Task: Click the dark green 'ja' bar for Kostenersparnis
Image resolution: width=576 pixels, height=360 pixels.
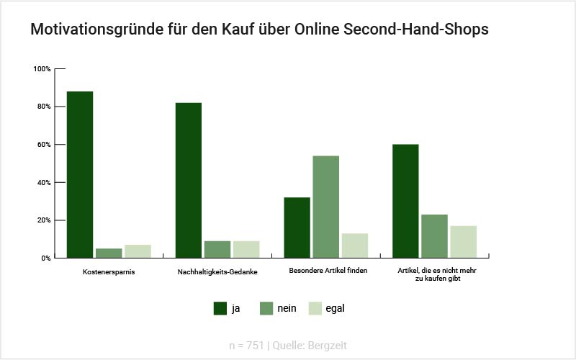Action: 80,174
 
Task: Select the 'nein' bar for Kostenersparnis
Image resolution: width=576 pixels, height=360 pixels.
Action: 109,253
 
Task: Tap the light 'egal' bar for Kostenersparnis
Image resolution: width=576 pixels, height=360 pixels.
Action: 138,251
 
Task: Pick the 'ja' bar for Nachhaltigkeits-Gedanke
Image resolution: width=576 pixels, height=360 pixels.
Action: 189,180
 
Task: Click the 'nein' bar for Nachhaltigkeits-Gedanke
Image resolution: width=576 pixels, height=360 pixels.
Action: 217,249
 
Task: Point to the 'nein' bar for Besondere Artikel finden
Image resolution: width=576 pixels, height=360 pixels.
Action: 325,207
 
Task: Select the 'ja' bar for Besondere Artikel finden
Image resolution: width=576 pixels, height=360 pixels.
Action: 297,228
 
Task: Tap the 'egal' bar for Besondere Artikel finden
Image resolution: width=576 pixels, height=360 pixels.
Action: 355,246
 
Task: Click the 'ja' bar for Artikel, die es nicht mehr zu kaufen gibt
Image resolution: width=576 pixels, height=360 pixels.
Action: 405,201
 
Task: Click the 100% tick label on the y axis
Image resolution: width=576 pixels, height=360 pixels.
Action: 42,69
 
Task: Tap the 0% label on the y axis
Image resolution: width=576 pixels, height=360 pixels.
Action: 45,258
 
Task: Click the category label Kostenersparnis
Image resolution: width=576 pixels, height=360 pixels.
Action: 109,272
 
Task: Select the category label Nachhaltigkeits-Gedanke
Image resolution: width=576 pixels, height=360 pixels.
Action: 217,272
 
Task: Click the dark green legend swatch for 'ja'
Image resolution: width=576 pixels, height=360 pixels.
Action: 220,308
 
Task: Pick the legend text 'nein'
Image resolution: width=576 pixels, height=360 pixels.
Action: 287,308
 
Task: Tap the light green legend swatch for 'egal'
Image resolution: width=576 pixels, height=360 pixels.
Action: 315,308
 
